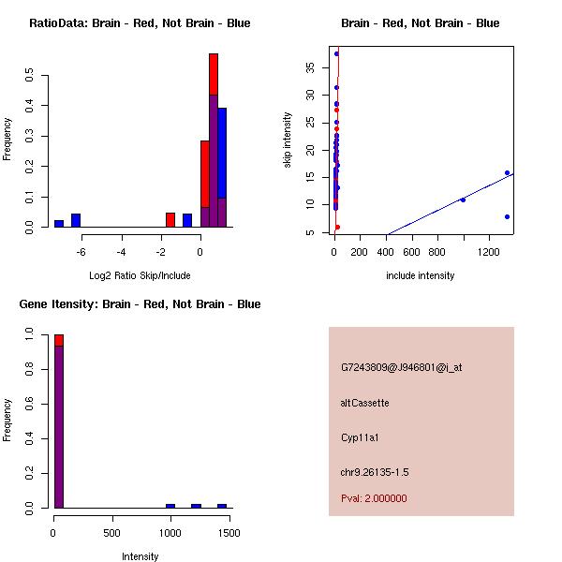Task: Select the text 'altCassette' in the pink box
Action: (364, 403)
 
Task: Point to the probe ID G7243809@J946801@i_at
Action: (401, 368)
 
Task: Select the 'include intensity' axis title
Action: (420, 275)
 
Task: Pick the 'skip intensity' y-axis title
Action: (288, 140)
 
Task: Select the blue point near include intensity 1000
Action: (463, 200)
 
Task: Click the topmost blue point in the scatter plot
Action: (336, 54)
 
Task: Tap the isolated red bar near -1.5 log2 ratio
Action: (170, 220)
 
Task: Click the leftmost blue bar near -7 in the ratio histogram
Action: (59, 224)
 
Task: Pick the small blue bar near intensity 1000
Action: (170, 506)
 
